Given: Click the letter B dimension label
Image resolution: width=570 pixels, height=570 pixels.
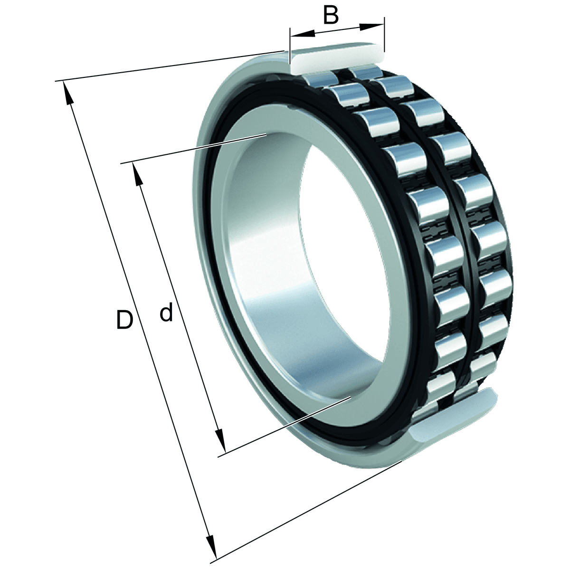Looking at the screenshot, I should click(331, 15).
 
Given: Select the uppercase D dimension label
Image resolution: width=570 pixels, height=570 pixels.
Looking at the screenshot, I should click(124, 320).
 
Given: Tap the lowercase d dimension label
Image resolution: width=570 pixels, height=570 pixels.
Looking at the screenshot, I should click(166, 313).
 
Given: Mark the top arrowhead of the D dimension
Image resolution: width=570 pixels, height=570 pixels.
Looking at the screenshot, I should click(68, 93).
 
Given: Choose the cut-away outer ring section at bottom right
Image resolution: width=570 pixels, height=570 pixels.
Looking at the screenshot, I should click(451, 418).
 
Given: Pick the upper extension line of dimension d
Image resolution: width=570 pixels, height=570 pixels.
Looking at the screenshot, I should click(190, 150).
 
